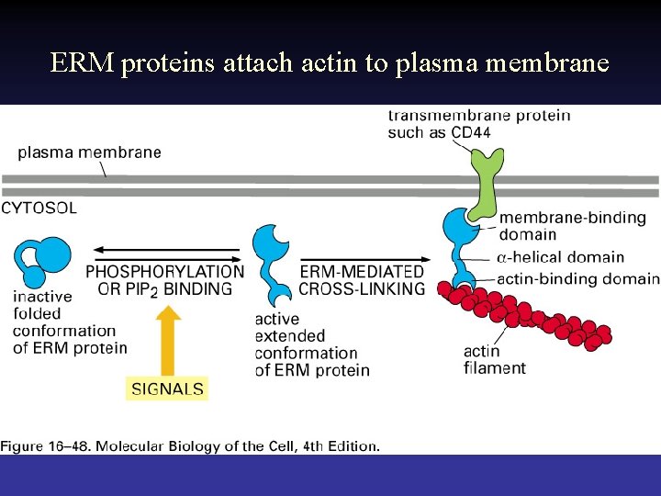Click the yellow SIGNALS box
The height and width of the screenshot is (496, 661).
point(167,389)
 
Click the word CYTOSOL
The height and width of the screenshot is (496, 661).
point(39,209)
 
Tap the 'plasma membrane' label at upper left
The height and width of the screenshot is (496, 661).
point(89,152)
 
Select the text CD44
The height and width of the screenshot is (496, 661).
point(470,132)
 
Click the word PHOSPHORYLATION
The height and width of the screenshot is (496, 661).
point(165,272)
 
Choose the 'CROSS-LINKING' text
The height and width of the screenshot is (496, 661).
point(362,288)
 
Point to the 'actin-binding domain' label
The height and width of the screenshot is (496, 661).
point(578,279)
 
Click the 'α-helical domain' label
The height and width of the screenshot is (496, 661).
point(560,258)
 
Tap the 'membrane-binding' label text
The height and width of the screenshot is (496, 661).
point(572,219)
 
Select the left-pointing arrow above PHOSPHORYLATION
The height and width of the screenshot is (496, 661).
point(165,249)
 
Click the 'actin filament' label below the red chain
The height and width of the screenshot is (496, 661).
point(495,359)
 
